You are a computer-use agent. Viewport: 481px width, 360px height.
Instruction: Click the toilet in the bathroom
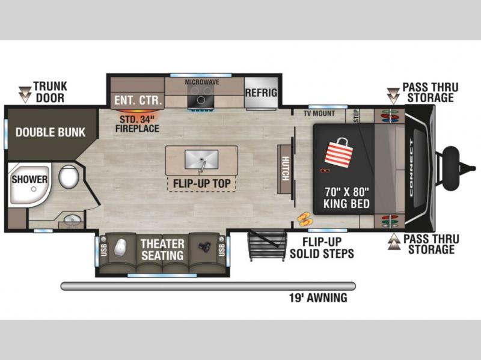pyautogui.click(x=69, y=177)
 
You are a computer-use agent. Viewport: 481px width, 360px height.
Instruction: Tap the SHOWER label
pyautogui.click(x=29, y=179)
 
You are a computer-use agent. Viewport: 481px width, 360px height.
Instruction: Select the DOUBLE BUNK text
pyautogui.click(x=51, y=132)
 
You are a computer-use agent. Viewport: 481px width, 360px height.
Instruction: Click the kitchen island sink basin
pyautogui.click(x=201, y=159)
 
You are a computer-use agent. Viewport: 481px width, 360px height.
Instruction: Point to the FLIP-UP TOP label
pyautogui.click(x=201, y=183)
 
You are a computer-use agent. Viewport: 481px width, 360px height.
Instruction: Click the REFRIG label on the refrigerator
pyautogui.click(x=261, y=93)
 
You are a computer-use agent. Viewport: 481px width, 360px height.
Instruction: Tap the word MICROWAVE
pyautogui.click(x=202, y=82)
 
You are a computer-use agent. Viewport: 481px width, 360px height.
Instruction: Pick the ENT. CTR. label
pyautogui.click(x=138, y=100)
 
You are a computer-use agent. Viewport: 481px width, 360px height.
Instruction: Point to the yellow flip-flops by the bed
pyautogui.click(x=304, y=219)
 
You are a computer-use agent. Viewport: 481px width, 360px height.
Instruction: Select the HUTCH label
pyautogui.click(x=285, y=168)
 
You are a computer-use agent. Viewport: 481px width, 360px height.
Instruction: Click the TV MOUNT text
pyautogui.click(x=319, y=113)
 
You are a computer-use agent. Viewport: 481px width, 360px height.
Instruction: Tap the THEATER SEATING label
pyautogui.click(x=162, y=249)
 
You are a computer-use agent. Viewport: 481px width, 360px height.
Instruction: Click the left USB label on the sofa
pyautogui.click(x=103, y=249)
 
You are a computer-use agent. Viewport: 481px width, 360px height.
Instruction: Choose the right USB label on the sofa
pyautogui.click(x=221, y=249)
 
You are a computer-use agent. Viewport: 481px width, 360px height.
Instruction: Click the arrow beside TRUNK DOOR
pyautogui.click(x=25, y=95)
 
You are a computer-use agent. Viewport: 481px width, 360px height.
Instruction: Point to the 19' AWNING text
pyautogui.click(x=318, y=297)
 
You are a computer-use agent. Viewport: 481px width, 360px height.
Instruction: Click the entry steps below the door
pyautogui.click(x=267, y=245)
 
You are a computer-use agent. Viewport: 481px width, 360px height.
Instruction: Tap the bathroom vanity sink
pyautogui.click(x=73, y=219)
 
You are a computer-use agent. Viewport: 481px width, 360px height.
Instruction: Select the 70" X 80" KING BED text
pyautogui.click(x=347, y=198)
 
